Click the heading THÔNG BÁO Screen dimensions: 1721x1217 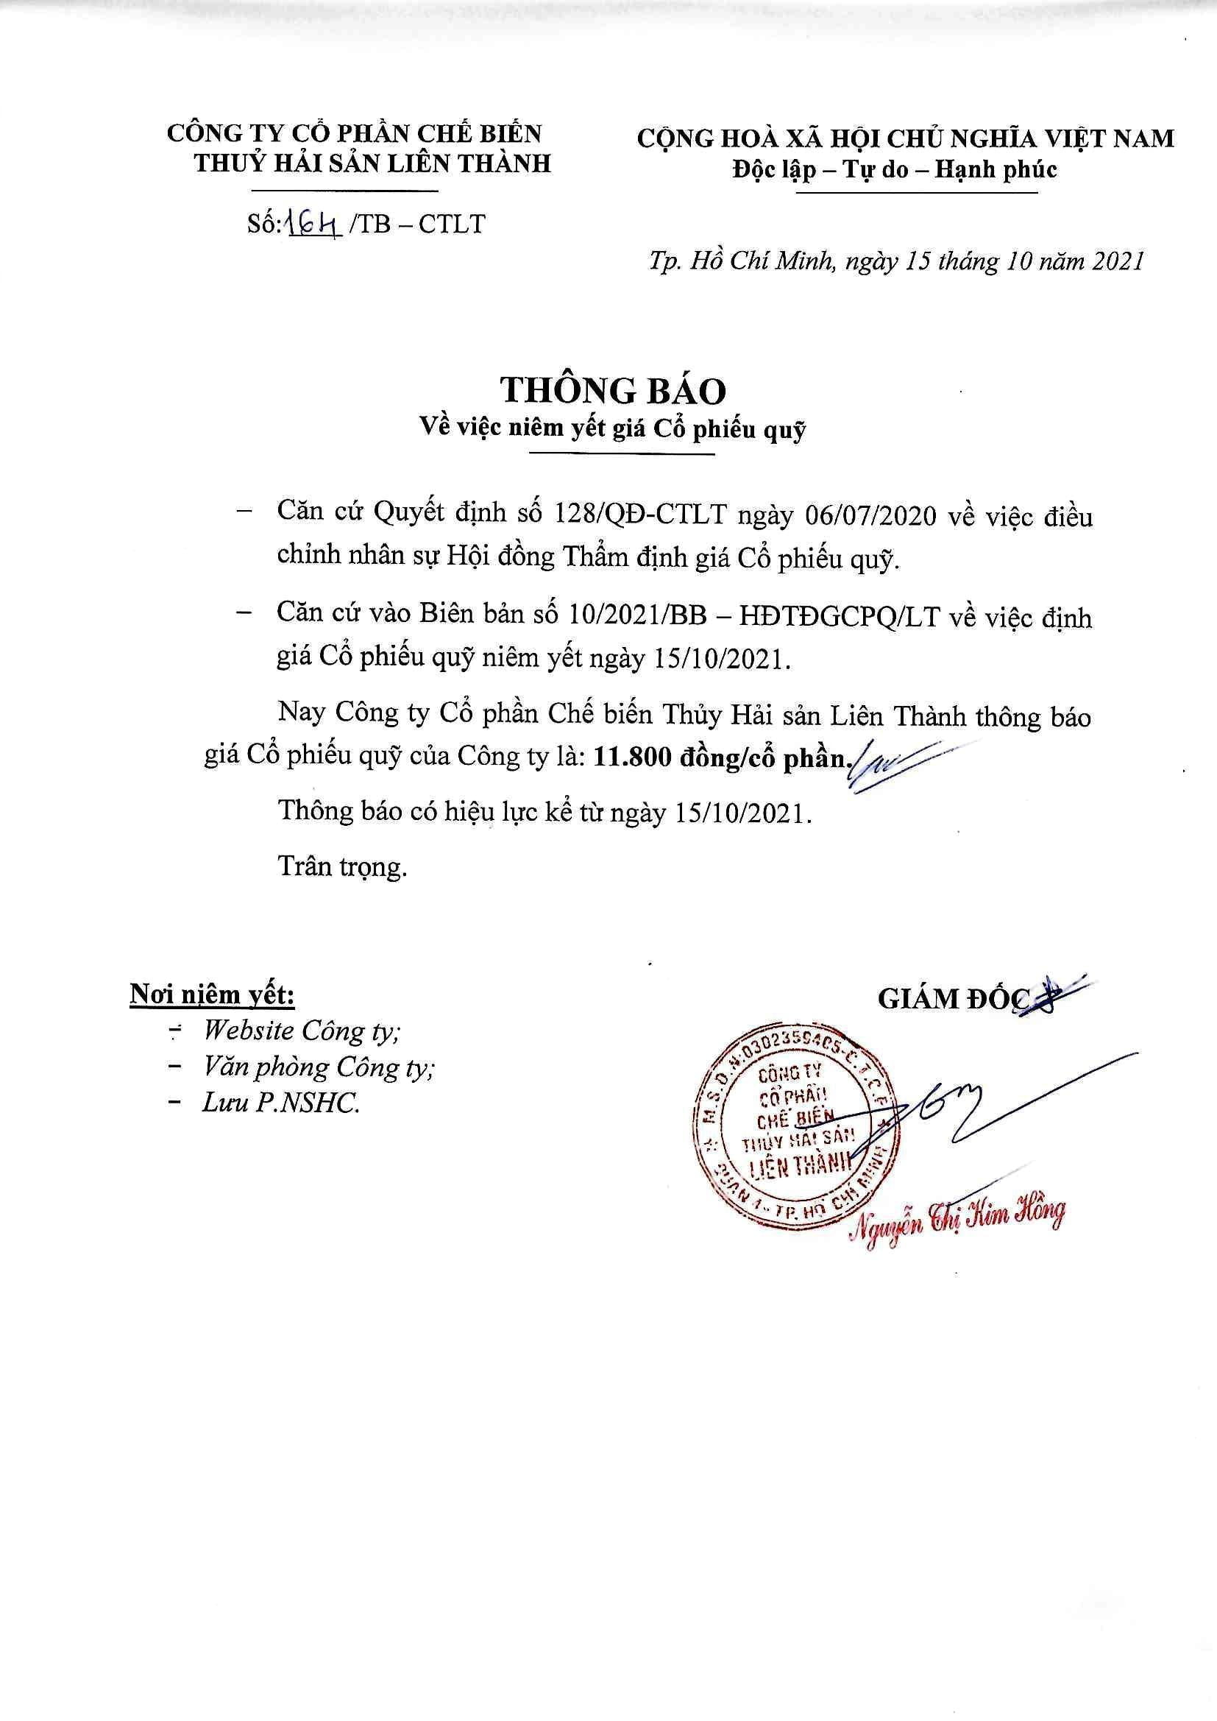pos(613,391)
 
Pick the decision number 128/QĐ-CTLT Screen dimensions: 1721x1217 pos(641,517)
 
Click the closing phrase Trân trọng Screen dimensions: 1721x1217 pos(342,866)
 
